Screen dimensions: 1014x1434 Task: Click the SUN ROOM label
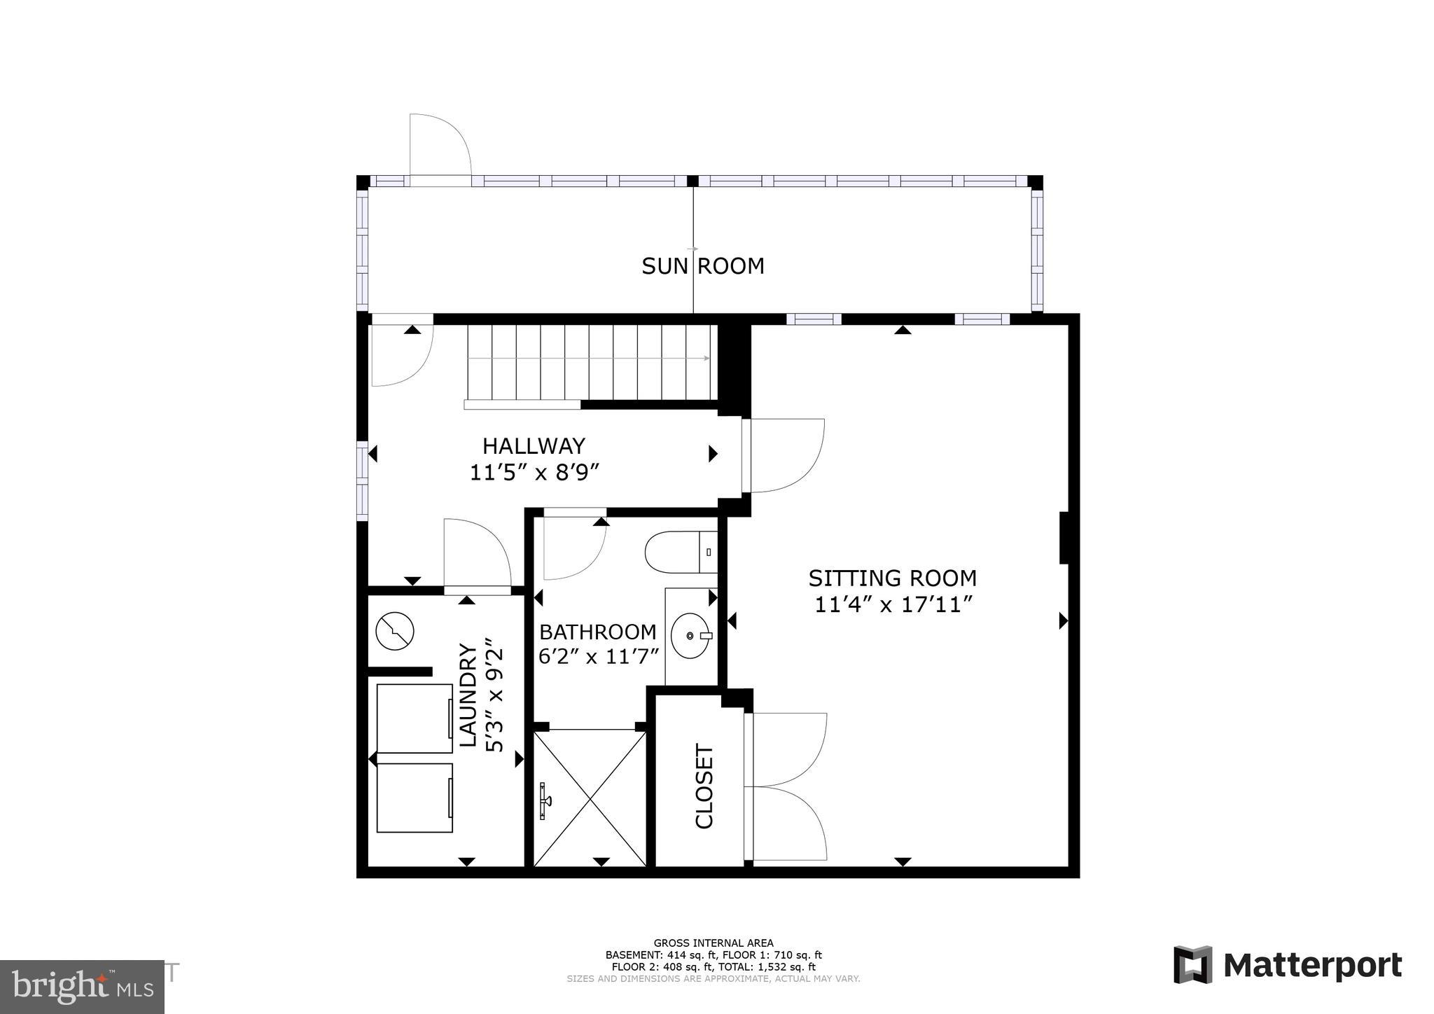pos(702,266)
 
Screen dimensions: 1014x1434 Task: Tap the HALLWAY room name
pos(534,446)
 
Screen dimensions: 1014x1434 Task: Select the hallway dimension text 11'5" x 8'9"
pos(534,473)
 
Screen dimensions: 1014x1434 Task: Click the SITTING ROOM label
pos(892,578)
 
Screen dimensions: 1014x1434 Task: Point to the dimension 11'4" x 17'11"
pos(893,604)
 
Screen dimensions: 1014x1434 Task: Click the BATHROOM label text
pos(597,632)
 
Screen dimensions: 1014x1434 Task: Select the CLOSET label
pos(704,786)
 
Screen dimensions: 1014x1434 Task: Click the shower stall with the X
pos(590,798)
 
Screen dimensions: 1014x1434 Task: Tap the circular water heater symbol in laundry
pos(395,631)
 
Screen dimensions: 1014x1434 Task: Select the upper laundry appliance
pos(415,718)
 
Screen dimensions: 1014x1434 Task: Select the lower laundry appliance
pos(415,798)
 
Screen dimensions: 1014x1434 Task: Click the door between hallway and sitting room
pos(782,455)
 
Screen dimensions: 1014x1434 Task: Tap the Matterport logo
pos(1287,966)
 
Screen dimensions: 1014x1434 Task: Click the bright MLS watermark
pos(82,987)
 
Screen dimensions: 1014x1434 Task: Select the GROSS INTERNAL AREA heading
pos(713,943)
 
